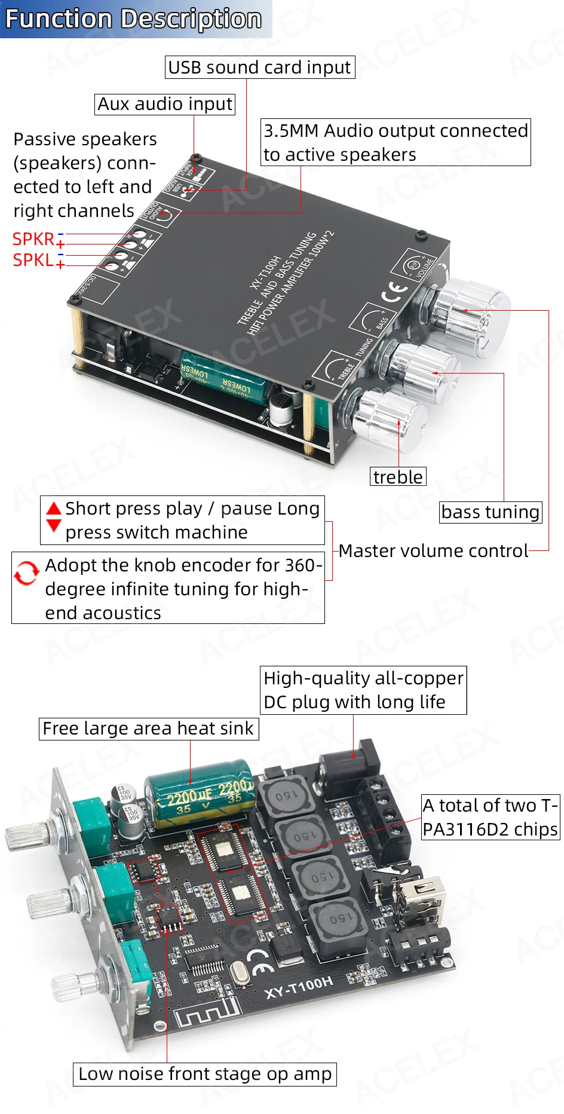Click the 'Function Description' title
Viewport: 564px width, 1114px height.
click(x=133, y=19)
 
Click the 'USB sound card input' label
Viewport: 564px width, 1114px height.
click(x=259, y=68)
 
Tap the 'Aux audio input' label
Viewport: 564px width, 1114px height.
click(x=164, y=105)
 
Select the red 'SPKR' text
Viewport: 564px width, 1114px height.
click(x=33, y=239)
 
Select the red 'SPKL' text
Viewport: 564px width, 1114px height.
click(x=33, y=260)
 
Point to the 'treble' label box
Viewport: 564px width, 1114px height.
click(x=398, y=477)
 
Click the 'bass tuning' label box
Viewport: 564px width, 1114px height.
click(x=490, y=512)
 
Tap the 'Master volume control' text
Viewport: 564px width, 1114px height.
click(x=433, y=550)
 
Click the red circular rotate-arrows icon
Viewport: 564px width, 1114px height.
click(x=26, y=573)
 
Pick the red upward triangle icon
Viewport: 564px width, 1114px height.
click(x=54, y=509)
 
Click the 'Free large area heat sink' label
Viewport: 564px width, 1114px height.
click(x=148, y=729)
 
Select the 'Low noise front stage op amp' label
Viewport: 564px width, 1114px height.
click(x=204, y=1074)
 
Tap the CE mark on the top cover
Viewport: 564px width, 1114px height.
click(x=394, y=292)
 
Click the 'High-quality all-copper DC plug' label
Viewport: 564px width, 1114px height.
click(x=363, y=690)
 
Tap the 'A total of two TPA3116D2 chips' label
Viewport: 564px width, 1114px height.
click(x=490, y=817)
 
